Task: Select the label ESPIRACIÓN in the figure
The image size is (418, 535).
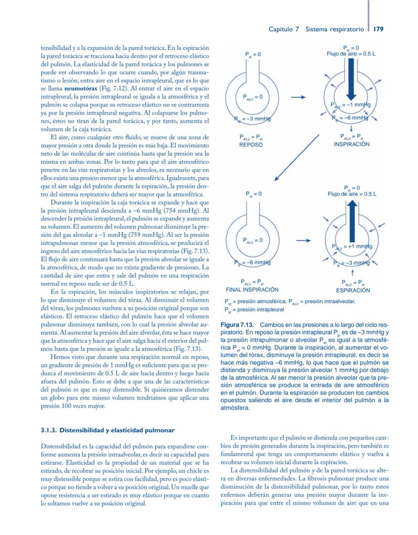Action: [x=351, y=290]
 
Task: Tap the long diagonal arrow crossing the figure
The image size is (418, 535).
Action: [x=298, y=156]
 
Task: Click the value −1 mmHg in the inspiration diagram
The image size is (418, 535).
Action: [x=356, y=105]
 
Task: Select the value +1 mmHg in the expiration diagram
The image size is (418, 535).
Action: [x=356, y=246]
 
